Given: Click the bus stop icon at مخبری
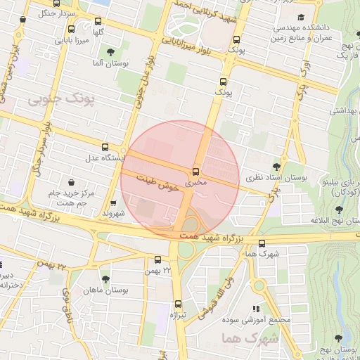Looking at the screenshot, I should [196, 171].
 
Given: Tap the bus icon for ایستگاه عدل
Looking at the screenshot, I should [105, 147].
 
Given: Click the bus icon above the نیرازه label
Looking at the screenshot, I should [177, 304].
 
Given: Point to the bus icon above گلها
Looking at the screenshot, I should [71, 30].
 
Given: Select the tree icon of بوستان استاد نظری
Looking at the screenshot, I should [276, 167].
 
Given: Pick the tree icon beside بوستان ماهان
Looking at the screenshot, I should [105, 279].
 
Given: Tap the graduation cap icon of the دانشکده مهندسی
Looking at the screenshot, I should [302, 16].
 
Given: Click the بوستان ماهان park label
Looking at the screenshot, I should [85, 290].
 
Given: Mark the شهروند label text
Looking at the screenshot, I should [112, 212].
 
